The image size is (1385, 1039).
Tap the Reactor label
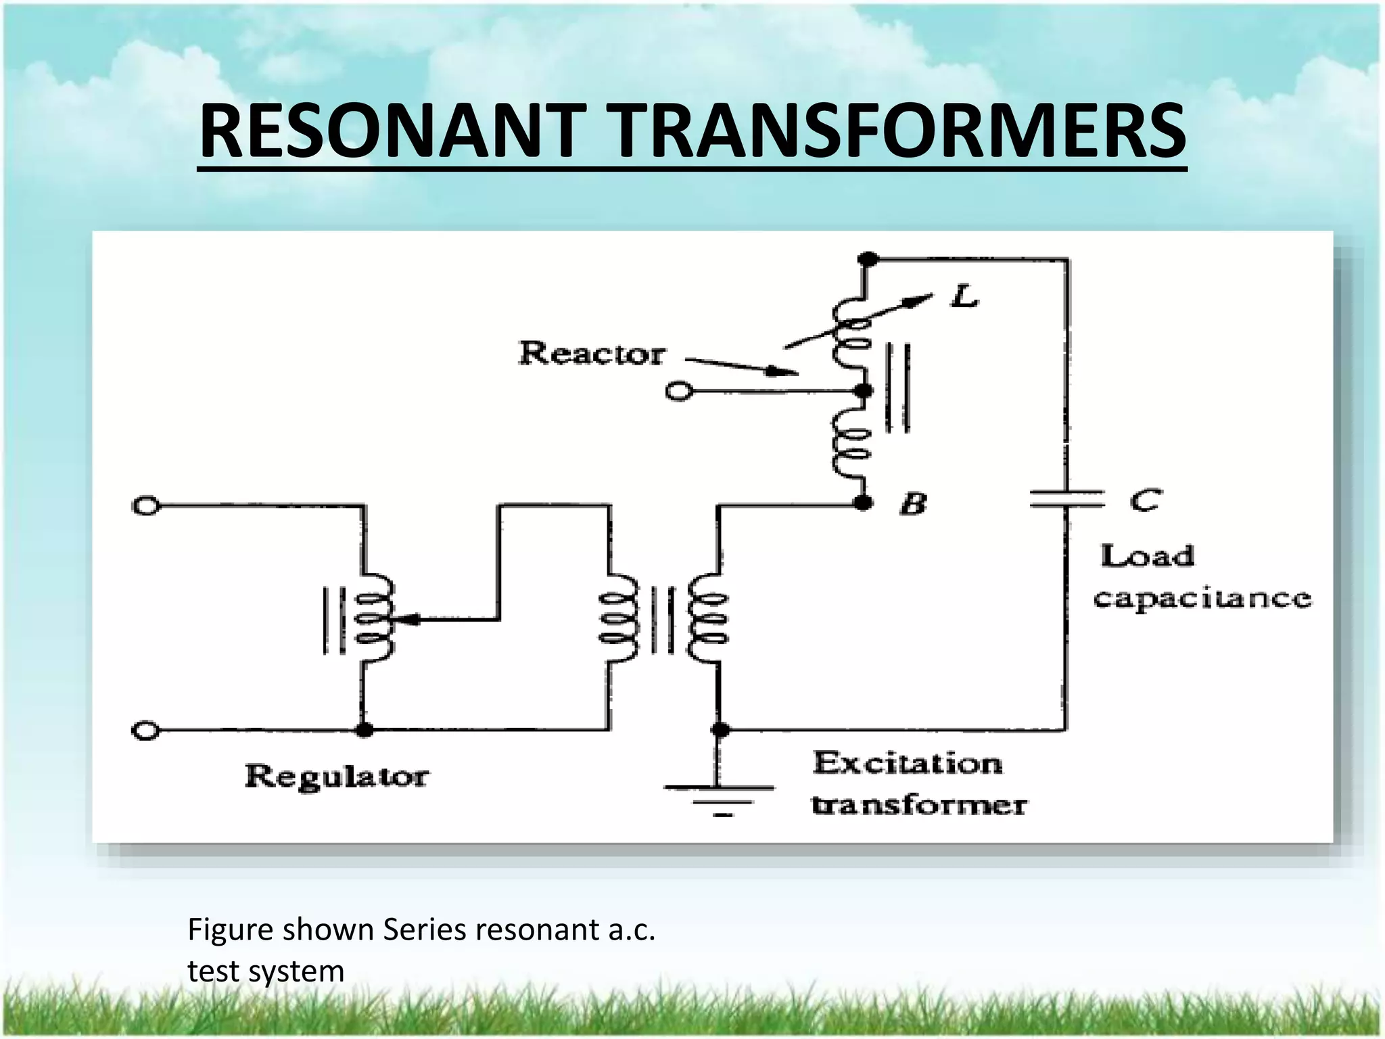(x=591, y=354)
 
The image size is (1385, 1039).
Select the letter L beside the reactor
(x=964, y=296)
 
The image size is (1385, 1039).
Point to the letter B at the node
(x=913, y=504)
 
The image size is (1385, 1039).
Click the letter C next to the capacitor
(x=1146, y=501)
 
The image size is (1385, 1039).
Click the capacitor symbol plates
(x=1066, y=499)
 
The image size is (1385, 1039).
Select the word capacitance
(x=1202, y=599)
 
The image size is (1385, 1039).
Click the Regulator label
(x=336, y=776)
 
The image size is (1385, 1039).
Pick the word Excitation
(x=907, y=763)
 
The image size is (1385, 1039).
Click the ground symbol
(x=720, y=800)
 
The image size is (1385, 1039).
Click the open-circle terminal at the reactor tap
(x=678, y=392)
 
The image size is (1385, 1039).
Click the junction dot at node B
(x=863, y=503)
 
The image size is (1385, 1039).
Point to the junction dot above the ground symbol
(x=721, y=730)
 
